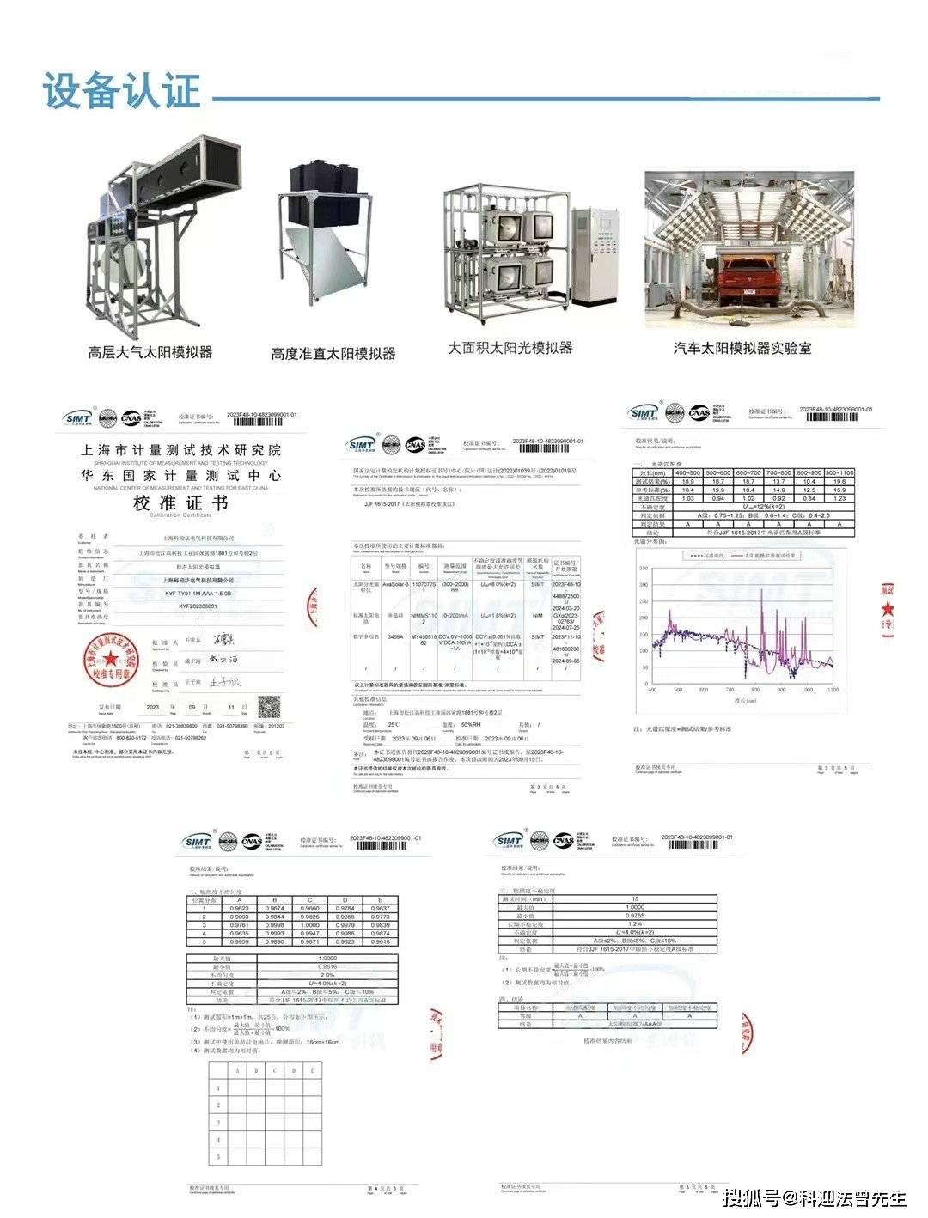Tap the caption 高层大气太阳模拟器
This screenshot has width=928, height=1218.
coord(150,352)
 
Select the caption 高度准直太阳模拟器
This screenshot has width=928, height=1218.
coord(333,353)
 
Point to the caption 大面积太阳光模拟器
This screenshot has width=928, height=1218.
coord(510,348)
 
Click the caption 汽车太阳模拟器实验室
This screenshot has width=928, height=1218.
coord(742,348)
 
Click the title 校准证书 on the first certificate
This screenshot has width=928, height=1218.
coord(180,503)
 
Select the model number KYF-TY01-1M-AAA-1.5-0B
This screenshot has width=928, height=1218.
coord(198,594)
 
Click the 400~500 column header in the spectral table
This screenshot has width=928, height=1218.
coord(687,473)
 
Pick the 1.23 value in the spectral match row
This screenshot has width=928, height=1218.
coord(839,498)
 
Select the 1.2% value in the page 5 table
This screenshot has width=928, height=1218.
coord(634,923)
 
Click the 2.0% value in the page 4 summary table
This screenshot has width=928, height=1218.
coord(327,975)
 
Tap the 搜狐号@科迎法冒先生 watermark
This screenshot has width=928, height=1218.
coord(815,1197)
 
